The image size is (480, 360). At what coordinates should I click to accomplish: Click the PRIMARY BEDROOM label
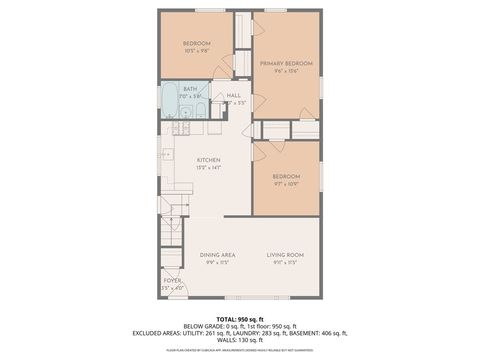pyautogui.click(x=286, y=63)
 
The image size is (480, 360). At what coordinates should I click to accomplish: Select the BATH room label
pyautogui.click(x=189, y=88)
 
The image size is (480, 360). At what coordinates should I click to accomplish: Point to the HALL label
pyautogui.click(x=233, y=95)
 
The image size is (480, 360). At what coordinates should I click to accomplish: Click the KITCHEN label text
pyautogui.click(x=208, y=160)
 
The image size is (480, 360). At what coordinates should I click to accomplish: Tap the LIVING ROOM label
pyautogui.click(x=285, y=255)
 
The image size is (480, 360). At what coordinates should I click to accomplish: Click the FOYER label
pyautogui.click(x=172, y=281)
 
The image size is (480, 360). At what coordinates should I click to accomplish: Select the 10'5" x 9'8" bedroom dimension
pyautogui.click(x=196, y=51)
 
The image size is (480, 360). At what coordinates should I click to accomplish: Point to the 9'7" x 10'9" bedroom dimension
pyautogui.click(x=285, y=183)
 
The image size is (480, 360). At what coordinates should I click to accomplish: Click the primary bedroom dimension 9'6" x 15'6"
pyautogui.click(x=286, y=72)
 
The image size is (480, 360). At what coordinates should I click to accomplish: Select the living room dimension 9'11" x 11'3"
pyautogui.click(x=285, y=264)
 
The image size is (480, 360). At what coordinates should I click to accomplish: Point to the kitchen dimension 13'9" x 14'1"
pyautogui.click(x=208, y=168)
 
